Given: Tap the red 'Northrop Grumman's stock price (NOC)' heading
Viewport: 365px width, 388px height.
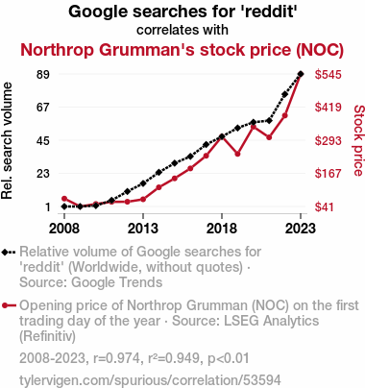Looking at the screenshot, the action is tap(182, 50).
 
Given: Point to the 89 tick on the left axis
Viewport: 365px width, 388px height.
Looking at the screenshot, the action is tap(43, 75).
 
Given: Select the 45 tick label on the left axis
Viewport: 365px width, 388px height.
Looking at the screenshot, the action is tap(43, 140).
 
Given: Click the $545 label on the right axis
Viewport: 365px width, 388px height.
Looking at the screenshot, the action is tap(328, 75).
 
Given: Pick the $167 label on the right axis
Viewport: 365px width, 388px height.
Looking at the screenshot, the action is tap(328, 174).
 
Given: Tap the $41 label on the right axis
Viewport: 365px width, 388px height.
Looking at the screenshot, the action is tap(324, 206).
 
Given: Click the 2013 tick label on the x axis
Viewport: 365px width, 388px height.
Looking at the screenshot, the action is tap(143, 229).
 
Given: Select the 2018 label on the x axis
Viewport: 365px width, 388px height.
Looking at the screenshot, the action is tap(222, 229).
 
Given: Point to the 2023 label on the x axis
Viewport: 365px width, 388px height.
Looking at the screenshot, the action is tap(301, 229).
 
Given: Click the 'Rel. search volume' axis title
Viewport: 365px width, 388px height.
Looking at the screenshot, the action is tap(7, 141).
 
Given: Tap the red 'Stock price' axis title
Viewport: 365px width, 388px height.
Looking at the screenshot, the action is tap(358, 140).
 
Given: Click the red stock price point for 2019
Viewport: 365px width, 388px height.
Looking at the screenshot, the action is tap(237, 154).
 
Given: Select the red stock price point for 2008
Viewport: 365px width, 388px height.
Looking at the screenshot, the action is tap(64, 199).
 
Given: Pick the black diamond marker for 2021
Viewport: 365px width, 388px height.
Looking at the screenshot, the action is tap(269, 121).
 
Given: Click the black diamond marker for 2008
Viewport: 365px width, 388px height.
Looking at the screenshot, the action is tap(64, 206).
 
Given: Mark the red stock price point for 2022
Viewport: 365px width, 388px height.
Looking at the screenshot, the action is tap(284, 115).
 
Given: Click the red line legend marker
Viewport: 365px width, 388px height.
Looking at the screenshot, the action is tap(9, 305).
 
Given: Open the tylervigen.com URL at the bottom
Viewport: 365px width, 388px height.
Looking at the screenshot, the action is tap(150, 380).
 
